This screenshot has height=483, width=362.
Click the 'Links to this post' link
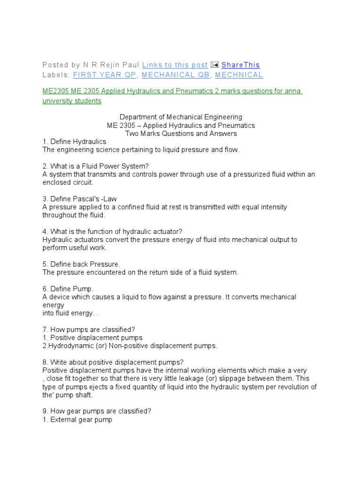click(175, 65)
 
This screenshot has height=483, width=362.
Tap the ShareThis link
click(240, 65)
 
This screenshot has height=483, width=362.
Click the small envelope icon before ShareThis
click(214, 65)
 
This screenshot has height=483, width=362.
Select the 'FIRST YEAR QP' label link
click(104, 75)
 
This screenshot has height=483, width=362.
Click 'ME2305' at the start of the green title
click(56, 91)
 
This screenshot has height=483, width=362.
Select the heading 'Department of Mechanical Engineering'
click(181, 117)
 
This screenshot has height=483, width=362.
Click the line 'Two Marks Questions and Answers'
click(181, 133)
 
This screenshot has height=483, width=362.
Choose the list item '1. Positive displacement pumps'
click(92, 338)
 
